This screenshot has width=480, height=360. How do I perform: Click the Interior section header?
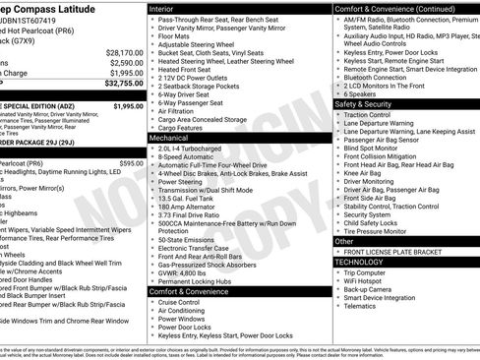[167, 8]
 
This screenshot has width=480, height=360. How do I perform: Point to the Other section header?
[345, 240]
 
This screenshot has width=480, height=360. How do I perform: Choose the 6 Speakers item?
[365, 93]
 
